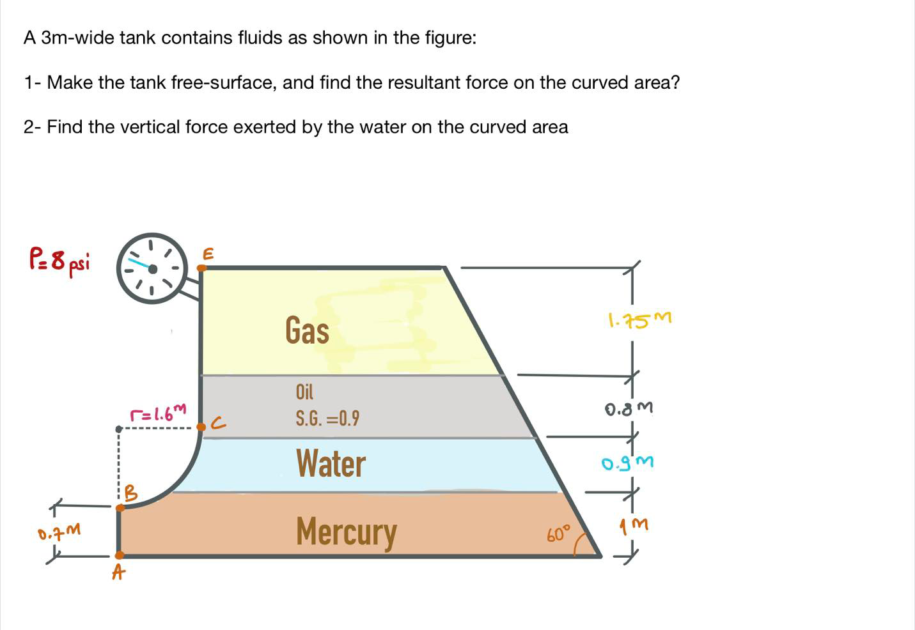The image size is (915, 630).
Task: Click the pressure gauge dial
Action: tap(152, 268)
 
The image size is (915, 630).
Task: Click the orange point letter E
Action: tap(207, 254)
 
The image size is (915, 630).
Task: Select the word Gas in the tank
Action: tap(307, 331)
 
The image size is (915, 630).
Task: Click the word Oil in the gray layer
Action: tap(304, 392)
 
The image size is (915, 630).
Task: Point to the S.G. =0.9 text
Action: tap(327, 419)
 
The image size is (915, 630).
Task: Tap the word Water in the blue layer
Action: tap(331, 464)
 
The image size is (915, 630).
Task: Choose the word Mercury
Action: tap(346, 532)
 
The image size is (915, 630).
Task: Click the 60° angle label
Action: tap(558, 534)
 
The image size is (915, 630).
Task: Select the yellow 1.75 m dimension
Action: tap(639, 319)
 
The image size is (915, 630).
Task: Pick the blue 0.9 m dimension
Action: tap(627, 462)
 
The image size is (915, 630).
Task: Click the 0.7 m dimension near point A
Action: tap(59, 531)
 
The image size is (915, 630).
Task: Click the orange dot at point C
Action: tap(201, 427)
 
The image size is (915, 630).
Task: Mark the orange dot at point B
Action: tap(120, 508)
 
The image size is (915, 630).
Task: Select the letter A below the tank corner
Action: tap(118, 573)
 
